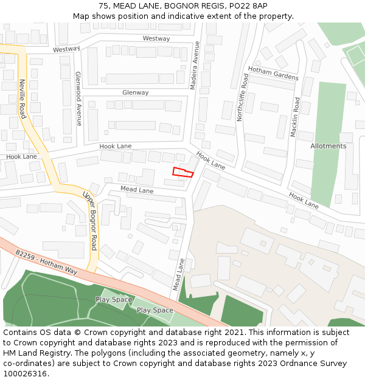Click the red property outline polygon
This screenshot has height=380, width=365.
tap(182, 172)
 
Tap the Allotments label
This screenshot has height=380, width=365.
tap(328, 146)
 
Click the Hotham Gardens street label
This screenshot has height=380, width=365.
tap(273, 74)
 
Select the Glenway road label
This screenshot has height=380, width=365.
tap(135, 93)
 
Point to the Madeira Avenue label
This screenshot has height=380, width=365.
tap(195, 66)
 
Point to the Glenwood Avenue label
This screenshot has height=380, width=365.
tap(78, 98)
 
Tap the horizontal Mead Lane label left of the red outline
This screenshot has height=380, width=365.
tap(137, 190)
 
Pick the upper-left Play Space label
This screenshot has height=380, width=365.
tap(114, 300)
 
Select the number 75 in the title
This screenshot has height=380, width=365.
tap(103, 5)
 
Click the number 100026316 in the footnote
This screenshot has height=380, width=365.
tap(25, 374)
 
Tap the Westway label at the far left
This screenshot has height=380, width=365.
tap(66, 49)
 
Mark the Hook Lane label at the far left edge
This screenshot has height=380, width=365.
tap(21, 157)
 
